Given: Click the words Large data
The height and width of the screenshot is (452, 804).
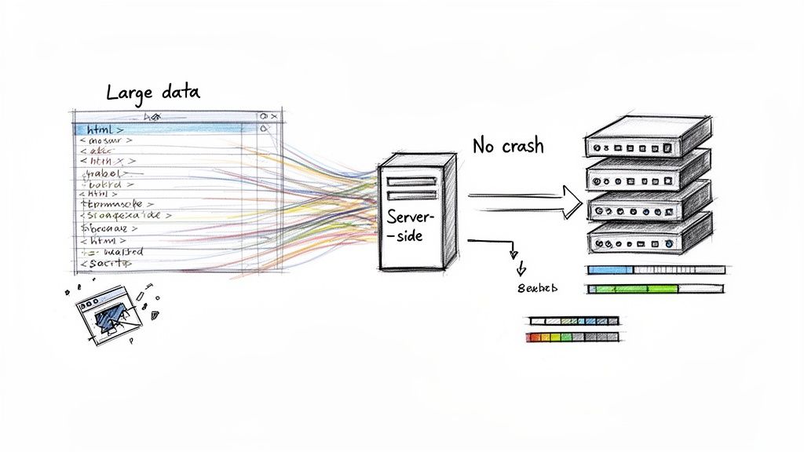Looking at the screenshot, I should (153, 92).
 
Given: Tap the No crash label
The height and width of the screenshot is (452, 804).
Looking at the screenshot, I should (508, 145).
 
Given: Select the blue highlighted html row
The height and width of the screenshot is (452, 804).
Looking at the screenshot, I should (157, 128).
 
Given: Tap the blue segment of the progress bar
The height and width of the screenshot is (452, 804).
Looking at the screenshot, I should (609, 269).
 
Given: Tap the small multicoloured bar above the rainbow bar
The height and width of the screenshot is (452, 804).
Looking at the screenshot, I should (573, 320).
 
